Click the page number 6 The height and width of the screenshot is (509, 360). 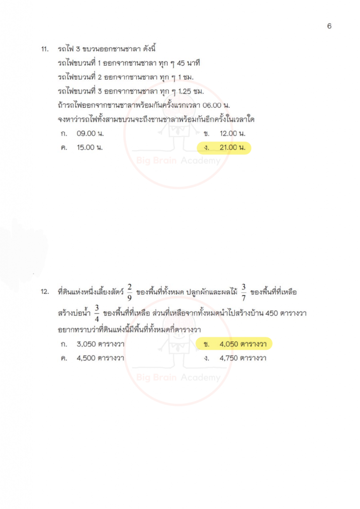[329, 26]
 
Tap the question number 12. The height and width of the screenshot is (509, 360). [45, 292]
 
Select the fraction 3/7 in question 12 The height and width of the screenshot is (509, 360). [244, 292]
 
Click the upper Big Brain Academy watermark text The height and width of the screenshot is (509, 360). [178, 161]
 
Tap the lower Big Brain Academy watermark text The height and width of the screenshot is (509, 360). [178, 378]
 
